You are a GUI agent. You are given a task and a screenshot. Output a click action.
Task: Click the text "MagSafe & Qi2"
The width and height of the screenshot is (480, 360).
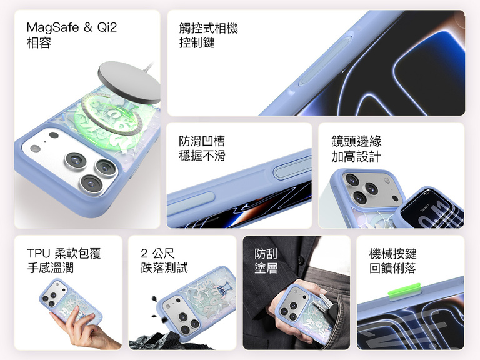point(72,27)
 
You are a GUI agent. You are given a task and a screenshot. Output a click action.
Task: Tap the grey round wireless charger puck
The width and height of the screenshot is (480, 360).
point(129,82)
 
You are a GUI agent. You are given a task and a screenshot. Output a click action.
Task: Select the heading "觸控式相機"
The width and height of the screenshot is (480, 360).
point(209,28)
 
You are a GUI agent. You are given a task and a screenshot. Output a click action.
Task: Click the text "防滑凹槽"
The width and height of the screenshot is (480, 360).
point(202,141)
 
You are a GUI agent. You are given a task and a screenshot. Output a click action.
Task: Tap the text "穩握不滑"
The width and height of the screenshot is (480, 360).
point(202,156)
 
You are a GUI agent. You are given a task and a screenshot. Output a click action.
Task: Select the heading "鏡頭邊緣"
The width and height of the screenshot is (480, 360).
point(356,141)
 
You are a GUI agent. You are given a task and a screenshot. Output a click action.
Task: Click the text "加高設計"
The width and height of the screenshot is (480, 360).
point(356,156)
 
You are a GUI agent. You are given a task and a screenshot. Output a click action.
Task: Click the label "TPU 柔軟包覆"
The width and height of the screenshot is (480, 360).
point(64,254)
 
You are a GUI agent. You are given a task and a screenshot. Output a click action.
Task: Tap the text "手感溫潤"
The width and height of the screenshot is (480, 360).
point(51,268)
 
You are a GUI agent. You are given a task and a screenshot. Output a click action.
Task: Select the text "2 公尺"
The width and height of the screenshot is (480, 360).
point(157,254)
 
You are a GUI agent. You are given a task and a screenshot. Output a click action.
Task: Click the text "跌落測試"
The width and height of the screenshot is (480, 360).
point(164,268)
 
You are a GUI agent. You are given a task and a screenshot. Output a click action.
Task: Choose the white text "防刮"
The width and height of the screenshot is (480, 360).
point(266,254)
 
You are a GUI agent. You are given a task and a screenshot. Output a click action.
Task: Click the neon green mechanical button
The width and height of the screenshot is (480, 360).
point(404,291)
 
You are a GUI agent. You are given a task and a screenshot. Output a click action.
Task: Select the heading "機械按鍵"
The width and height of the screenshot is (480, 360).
point(392,254)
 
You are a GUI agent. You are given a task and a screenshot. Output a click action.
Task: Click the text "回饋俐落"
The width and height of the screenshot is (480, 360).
point(392,268)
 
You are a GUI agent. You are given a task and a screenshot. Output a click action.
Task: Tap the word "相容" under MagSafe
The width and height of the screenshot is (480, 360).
point(39,42)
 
